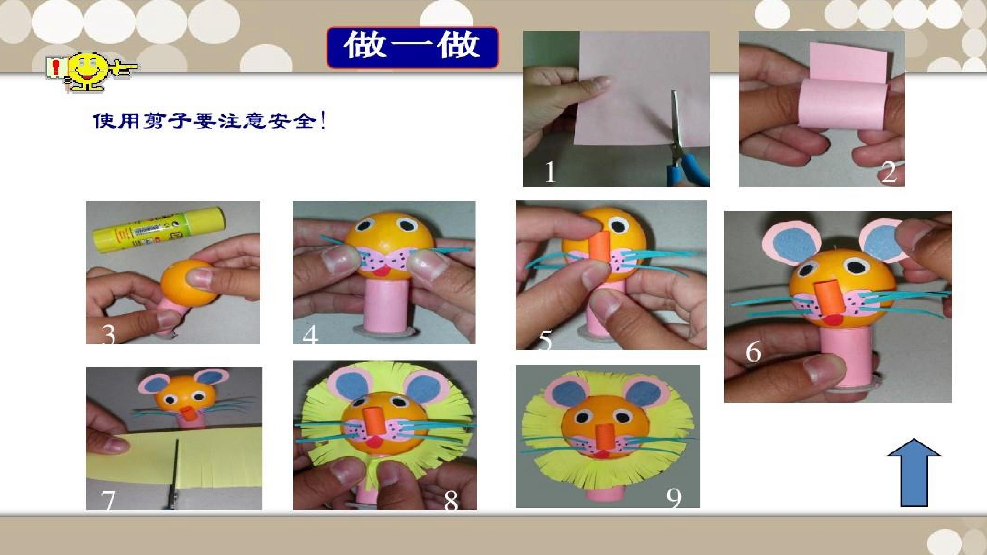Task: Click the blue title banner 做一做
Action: [x=413, y=48]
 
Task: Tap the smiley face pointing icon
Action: [x=92, y=73]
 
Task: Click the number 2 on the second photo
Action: [x=889, y=173]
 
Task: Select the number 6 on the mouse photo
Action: [x=753, y=351]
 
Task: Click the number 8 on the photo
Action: [x=451, y=501]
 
